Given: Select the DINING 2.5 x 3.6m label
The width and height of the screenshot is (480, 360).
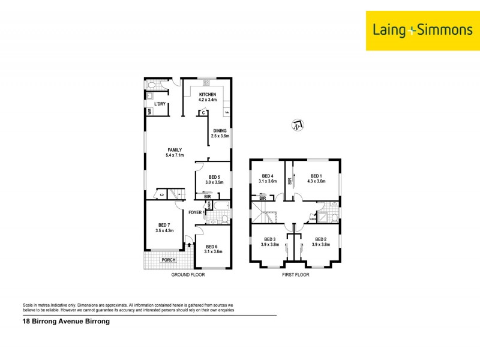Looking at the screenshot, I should (x=219, y=133).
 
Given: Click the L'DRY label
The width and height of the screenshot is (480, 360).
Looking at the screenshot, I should (x=160, y=104).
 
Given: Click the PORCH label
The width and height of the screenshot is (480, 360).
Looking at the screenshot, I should (x=169, y=260).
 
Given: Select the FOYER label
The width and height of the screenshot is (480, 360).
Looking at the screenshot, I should (x=195, y=212).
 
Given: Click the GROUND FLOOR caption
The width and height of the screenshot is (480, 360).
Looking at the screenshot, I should (x=188, y=275).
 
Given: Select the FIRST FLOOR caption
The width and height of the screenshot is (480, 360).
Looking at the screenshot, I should (x=296, y=275).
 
